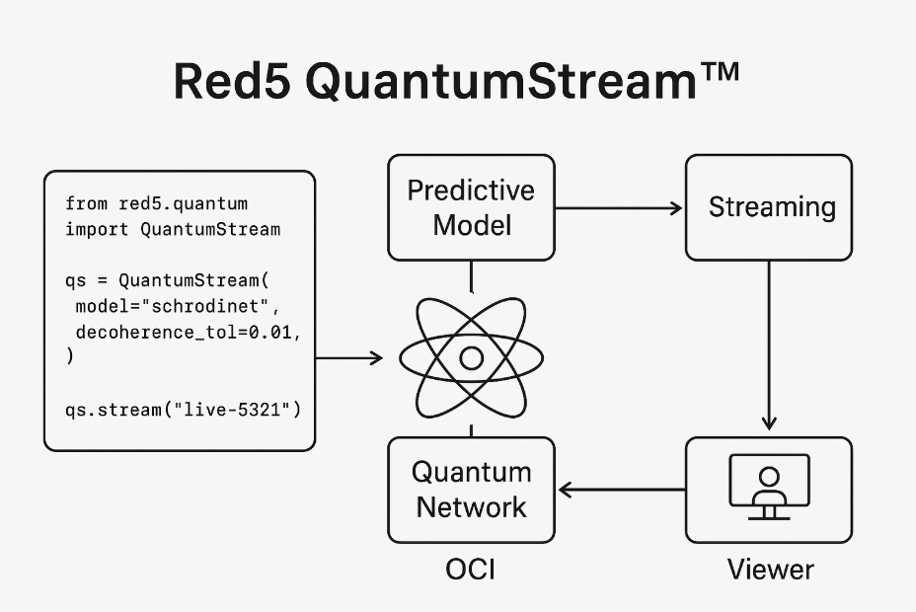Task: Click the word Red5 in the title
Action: click(232, 81)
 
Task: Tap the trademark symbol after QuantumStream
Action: click(720, 71)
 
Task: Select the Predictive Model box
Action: click(472, 207)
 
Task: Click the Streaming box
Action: click(769, 207)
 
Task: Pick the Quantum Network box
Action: click(472, 490)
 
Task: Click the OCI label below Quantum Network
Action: click(470, 570)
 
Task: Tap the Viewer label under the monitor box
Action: click(770, 570)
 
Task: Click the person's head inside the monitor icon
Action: click(769, 477)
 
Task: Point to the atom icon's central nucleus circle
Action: click(472, 358)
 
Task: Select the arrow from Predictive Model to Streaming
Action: click(619, 208)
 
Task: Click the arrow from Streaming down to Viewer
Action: click(769, 345)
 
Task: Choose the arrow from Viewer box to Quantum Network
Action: click(622, 490)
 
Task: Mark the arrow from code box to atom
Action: click(349, 358)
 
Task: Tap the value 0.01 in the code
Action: click(269, 333)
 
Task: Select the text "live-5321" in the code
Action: click(232, 410)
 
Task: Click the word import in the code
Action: click(97, 229)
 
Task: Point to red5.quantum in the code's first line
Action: click(184, 203)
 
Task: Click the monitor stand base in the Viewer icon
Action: click(769, 518)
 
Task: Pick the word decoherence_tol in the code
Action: click(157, 333)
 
